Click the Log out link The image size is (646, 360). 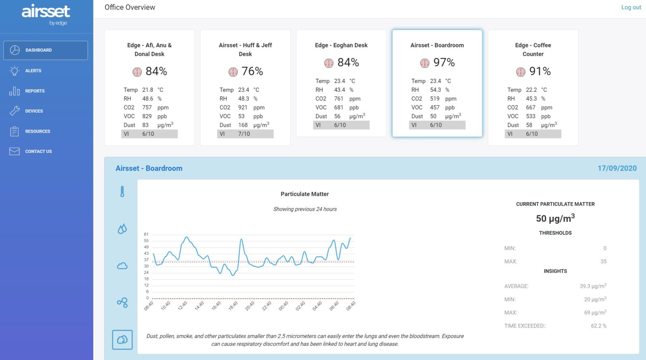click(631, 7)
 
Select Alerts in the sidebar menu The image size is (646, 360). click(33, 71)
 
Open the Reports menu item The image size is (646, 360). click(34, 91)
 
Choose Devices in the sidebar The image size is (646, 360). click(34, 111)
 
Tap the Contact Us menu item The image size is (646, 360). click(38, 151)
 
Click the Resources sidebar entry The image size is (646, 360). click(37, 131)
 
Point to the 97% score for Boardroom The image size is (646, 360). click(444, 62)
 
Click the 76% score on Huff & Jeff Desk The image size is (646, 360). click(252, 71)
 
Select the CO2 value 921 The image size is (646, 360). click(243, 107)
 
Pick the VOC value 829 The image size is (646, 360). click(147, 116)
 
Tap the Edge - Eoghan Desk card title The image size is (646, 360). click(341, 45)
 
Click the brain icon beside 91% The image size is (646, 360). click(521, 72)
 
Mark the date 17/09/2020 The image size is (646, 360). click(617, 168)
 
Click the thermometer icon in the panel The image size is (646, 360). click(122, 192)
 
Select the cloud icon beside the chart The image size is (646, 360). click(122, 266)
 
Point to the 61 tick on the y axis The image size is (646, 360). click(146, 234)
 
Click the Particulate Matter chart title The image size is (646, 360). click(304, 194)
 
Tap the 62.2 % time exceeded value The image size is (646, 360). click(598, 326)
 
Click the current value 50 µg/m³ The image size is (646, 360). click(555, 218)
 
